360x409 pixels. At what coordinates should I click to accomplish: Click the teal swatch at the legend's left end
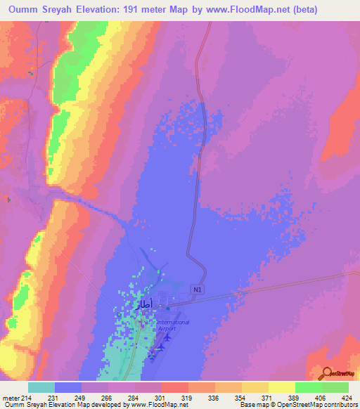tap(41, 387)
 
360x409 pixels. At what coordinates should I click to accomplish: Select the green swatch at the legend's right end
tap(335, 387)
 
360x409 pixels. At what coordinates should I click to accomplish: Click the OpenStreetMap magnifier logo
tap(328, 374)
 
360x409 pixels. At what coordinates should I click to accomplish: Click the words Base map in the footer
tap(253, 405)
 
